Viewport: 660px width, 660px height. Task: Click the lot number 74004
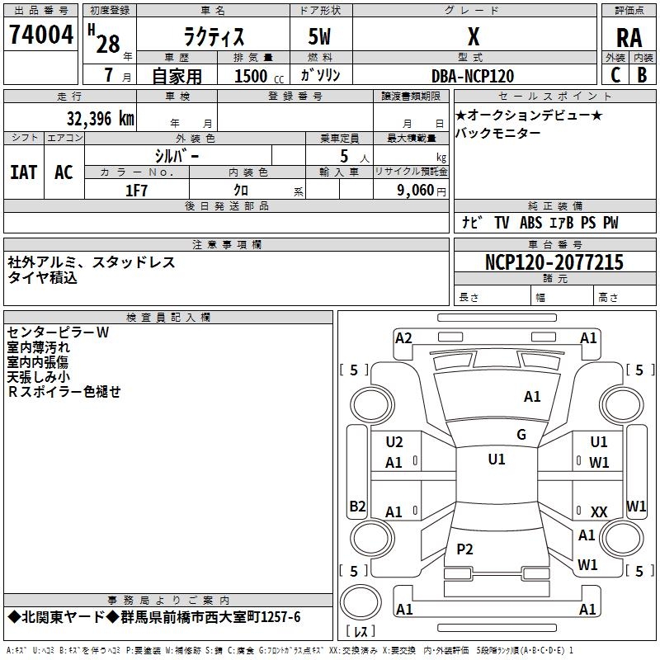point(40,35)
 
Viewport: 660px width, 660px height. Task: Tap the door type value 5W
point(320,37)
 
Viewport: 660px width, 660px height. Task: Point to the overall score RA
point(629,37)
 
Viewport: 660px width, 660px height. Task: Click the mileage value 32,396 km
point(100,119)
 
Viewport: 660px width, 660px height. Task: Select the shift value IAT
point(23,172)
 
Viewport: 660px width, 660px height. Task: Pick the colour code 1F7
point(136,190)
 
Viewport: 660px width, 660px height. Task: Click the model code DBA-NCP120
point(473,76)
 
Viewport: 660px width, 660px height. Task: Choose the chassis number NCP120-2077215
point(554,262)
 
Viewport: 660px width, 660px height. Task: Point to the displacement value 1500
point(251,76)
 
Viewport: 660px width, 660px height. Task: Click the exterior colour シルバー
point(177,155)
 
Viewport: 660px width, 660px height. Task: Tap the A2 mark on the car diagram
point(403,337)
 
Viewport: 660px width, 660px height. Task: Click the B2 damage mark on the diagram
point(357,506)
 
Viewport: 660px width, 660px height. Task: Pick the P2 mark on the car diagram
point(465,549)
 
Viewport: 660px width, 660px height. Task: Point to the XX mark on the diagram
point(599,512)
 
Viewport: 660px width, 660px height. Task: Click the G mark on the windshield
point(521,435)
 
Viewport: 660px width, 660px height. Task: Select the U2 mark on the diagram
point(394,442)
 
